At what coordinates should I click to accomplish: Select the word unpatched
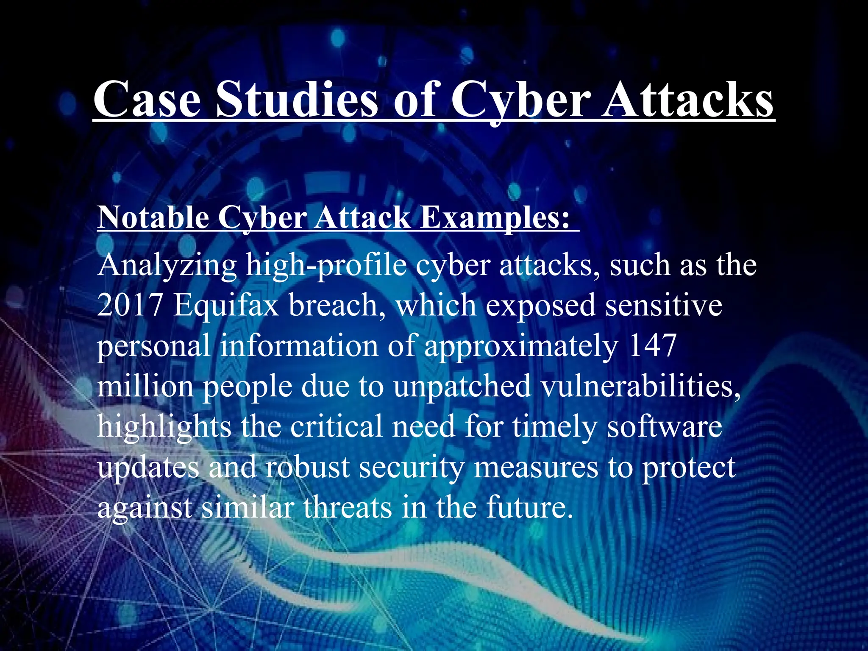tap(462, 387)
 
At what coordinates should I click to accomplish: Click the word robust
tap(307, 467)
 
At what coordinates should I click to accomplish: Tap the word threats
tap(347, 507)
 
